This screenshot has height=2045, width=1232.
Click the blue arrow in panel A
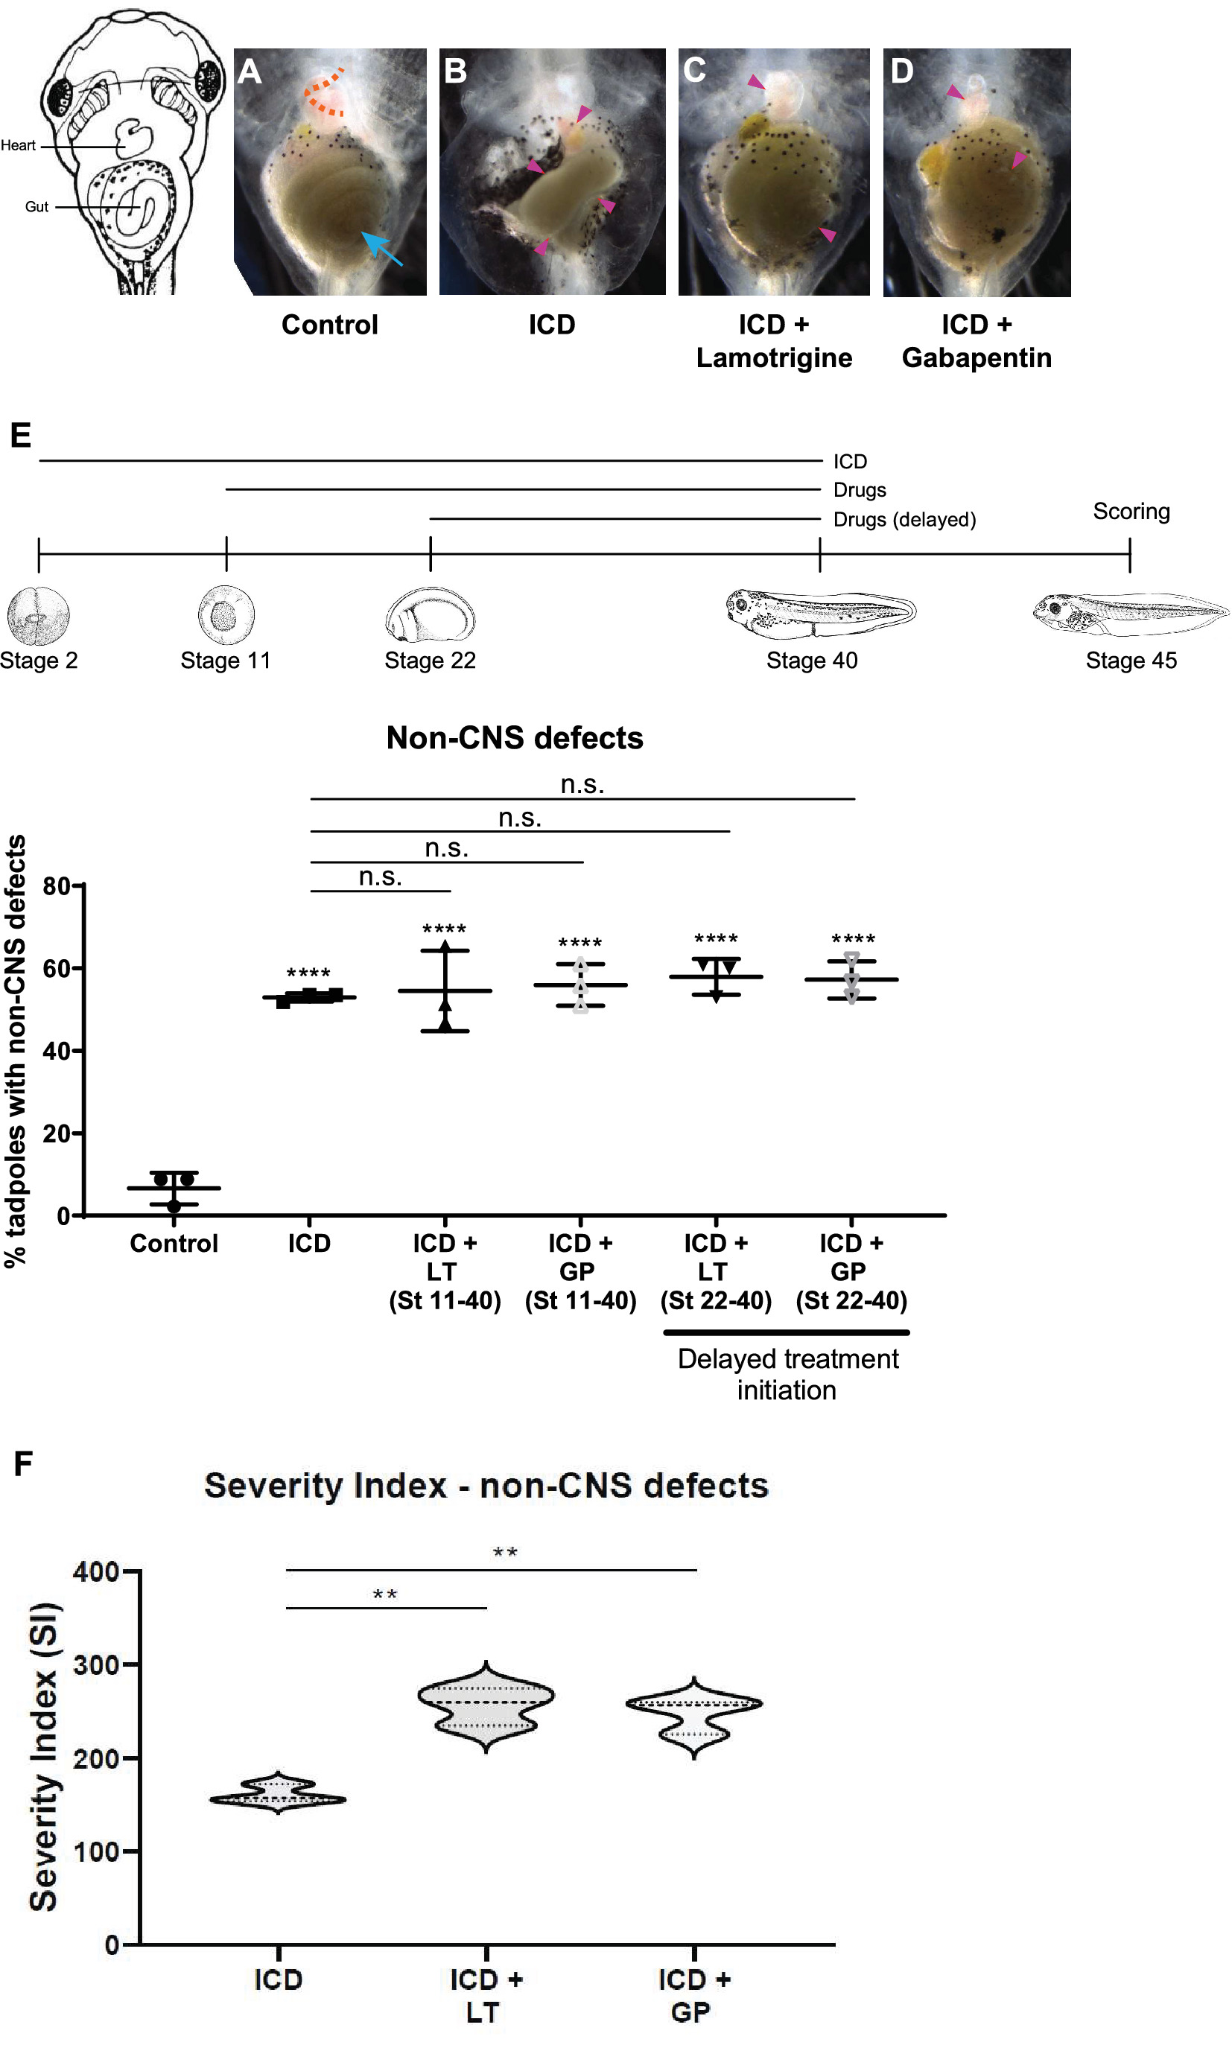point(381,248)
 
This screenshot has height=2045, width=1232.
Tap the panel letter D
point(903,71)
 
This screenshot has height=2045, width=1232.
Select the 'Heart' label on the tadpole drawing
point(19,146)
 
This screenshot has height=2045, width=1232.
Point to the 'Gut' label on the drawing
point(36,206)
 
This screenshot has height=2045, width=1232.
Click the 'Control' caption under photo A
point(329,325)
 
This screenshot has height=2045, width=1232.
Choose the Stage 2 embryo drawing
point(38,616)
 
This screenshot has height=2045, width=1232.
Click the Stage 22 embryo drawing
point(430,615)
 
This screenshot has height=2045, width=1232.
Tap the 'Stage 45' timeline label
point(1131,661)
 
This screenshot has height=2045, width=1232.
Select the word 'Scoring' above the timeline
point(1131,511)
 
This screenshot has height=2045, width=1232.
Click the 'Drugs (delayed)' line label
point(904,520)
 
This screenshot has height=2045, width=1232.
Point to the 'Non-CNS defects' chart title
point(515,738)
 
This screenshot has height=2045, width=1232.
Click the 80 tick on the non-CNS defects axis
point(57,886)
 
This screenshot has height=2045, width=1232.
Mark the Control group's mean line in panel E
point(174,1189)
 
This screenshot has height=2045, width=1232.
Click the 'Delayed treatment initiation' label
point(787,1375)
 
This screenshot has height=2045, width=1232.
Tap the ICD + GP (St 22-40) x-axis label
point(851,1271)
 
